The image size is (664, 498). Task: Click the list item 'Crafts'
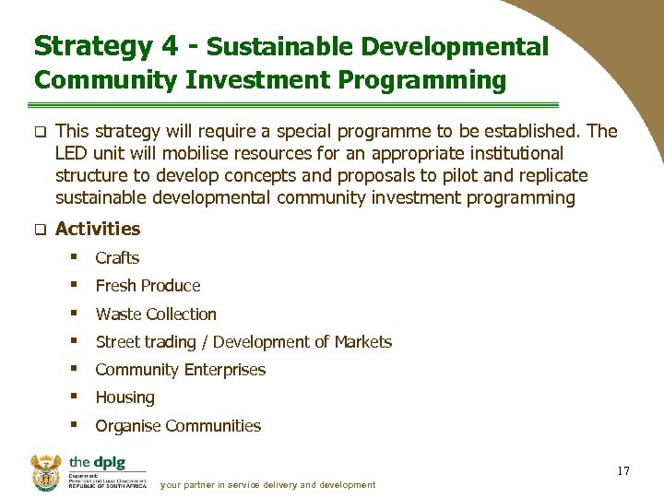tap(117, 258)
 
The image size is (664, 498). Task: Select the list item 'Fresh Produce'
tap(148, 286)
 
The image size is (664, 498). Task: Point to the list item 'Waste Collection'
tap(156, 314)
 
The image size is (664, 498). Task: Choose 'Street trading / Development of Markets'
tap(243, 342)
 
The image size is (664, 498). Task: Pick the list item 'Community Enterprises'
tap(180, 370)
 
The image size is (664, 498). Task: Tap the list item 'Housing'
tap(125, 397)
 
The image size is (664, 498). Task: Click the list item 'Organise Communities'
tap(178, 426)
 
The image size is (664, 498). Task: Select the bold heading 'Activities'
tap(98, 229)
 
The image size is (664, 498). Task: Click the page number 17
tap(623, 471)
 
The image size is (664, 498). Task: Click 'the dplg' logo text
tap(96, 462)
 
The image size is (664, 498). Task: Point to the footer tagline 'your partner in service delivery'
tap(267, 485)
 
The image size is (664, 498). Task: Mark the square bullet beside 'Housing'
tap(73, 397)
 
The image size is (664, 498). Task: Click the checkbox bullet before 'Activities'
tap(41, 230)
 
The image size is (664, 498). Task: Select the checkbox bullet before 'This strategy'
tap(41, 132)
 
